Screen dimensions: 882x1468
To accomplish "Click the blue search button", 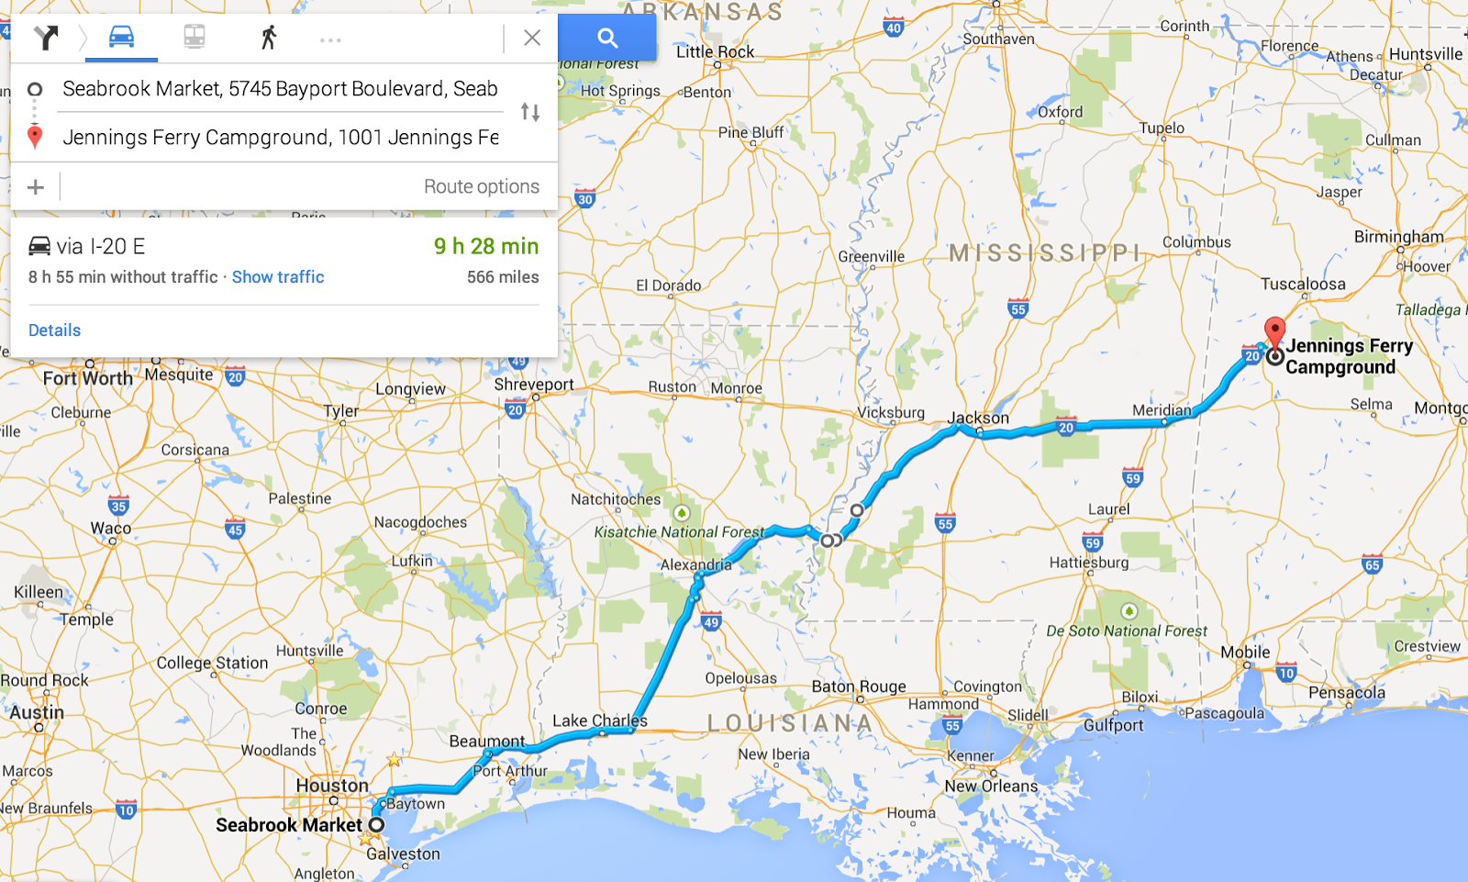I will (x=606, y=38).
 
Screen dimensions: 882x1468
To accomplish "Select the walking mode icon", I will (x=268, y=38).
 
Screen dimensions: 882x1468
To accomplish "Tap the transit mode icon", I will (x=195, y=37).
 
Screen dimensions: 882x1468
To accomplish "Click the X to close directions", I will (x=532, y=38).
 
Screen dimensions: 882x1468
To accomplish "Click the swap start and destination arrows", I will (x=530, y=112).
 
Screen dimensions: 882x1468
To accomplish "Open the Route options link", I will (x=481, y=186).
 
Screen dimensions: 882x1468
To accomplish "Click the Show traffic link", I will (x=278, y=277).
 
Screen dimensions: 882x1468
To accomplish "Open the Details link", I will (x=54, y=330).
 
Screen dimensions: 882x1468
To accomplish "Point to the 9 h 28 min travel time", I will (x=486, y=246).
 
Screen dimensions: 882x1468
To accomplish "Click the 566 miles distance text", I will (x=503, y=277).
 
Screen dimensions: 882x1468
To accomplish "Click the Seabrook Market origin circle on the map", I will (x=376, y=824).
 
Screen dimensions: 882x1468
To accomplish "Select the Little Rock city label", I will (x=715, y=52).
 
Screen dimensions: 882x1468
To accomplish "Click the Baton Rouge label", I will (x=858, y=687).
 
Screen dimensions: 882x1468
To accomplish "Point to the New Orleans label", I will (x=991, y=787).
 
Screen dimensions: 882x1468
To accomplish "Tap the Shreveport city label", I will (x=533, y=385).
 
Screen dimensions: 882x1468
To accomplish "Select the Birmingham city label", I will (x=1398, y=237).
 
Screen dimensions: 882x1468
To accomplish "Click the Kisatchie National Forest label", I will (x=678, y=532).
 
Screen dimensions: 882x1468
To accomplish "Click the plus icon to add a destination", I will (x=36, y=187).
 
